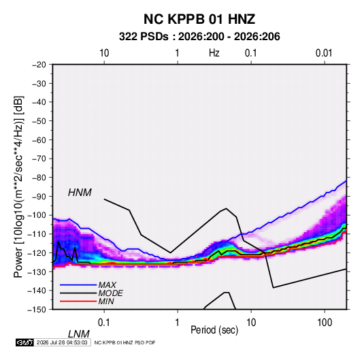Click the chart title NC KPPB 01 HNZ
(x=199, y=19)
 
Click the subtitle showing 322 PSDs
(x=199, y=37)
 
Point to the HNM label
(x=80, y=193)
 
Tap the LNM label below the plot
(x=78, y=334)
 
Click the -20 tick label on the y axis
(x=39, y=65)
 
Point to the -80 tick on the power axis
(x=39, y=178)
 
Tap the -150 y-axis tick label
(x=37, y=310)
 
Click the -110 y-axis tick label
(x=37, y=234)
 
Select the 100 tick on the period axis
(x=325, y=323)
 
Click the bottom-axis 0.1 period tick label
(x=104, y=323)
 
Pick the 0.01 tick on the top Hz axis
(x=324, y=53)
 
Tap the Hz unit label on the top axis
(x=214, y=53)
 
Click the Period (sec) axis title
(x=214, y=330)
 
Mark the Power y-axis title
(x=18, y=186)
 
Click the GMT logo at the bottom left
(x=25, y=342)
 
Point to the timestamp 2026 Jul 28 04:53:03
(x=62, y=342)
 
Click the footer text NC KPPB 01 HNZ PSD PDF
(x=125, y=342)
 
